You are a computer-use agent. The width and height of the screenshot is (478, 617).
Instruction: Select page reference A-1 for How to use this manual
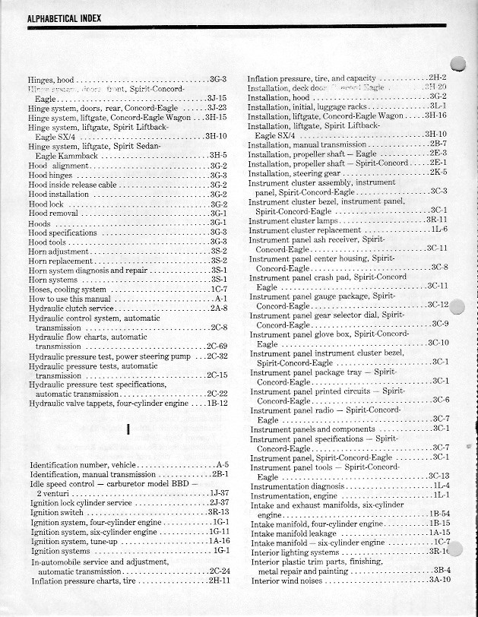click(221, 299)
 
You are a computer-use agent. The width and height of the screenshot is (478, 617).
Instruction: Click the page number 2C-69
click(217, 346)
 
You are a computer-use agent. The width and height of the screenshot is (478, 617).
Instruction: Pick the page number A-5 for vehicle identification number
click(222, 464)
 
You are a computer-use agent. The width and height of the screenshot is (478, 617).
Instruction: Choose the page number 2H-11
click(218, 581)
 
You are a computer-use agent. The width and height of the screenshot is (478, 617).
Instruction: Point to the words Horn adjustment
click(59, 250)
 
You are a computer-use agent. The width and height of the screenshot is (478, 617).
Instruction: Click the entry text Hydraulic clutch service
click(70, 308)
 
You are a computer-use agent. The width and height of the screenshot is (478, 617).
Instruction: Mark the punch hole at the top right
click(460, 66)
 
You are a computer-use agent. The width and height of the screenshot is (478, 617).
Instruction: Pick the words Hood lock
click(47, 204)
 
